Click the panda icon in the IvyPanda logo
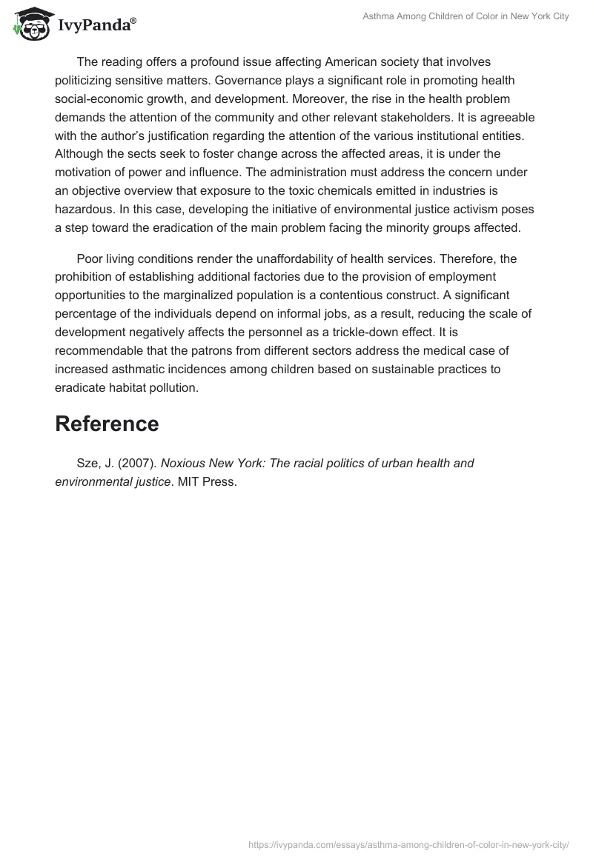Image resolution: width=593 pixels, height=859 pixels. coord(30,24)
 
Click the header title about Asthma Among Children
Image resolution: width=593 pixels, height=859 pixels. coord(466,16)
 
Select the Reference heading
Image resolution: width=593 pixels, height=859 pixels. coord(107,424)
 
